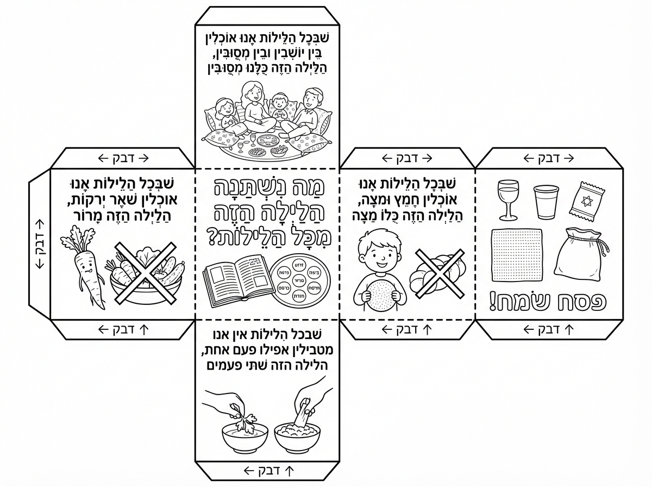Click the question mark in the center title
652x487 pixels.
pyautogui.click(x=216, y=238)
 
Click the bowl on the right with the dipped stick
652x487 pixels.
pyautogui.click(x=297, y=435)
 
